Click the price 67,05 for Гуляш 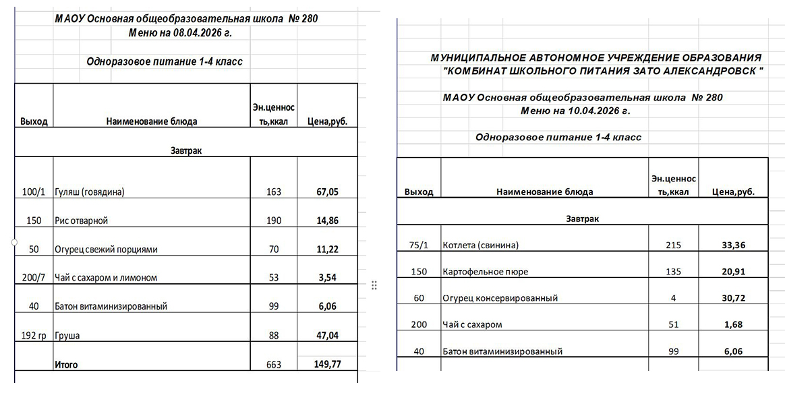click(x=327, y=192)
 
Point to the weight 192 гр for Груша click(x=33, y=335)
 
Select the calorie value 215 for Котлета click(x=673, y=245)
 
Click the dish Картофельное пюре click(x=485, y=272)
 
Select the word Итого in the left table click(x=66, y=365)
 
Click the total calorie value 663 click(x=274, y=365)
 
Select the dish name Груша click(x=65, y=335)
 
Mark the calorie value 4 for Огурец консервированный click(x=673, y=297)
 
